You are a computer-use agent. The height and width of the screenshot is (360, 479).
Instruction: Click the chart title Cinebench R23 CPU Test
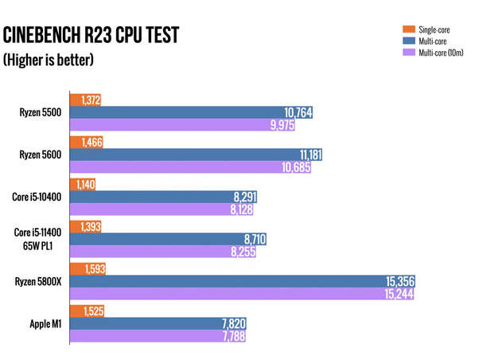(92, 35)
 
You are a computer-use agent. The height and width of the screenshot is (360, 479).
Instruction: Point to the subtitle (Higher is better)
(49, 60)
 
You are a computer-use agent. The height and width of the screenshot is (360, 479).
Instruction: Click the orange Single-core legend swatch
(406, 29)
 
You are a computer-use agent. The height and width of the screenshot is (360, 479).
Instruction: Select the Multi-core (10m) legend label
(442, 53)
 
